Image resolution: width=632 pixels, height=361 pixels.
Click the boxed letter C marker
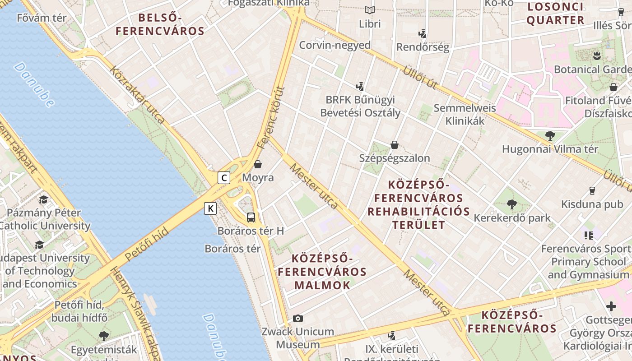click(224, 178)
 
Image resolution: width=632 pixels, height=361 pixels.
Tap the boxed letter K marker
click(210, 208)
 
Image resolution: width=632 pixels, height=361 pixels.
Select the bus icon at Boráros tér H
click(251, 217)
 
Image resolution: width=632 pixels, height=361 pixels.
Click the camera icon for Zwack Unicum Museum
click(297, 318)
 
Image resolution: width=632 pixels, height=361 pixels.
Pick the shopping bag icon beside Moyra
click(258, 164)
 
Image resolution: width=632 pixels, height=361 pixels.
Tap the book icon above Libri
click(370, 10)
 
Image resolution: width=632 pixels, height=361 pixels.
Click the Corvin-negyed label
click(335, 45)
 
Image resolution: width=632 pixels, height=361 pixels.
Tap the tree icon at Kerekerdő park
click(511, 204)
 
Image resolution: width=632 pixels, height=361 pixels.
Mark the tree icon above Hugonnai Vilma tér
click(550, 135)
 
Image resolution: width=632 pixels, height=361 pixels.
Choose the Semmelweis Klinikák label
click(465, 115)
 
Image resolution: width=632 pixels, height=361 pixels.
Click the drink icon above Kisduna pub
click(592, 191)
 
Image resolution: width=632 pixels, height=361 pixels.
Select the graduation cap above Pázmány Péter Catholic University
click(43, 199)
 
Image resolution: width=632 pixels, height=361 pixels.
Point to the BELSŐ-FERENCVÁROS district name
click(160, 24)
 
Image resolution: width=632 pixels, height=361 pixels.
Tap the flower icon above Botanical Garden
click(596, 56)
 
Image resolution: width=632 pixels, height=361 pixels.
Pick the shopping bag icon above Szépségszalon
click(395, 145)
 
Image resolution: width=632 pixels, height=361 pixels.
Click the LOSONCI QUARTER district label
click(555, 14)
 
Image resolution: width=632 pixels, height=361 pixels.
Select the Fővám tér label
click(42, 18)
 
